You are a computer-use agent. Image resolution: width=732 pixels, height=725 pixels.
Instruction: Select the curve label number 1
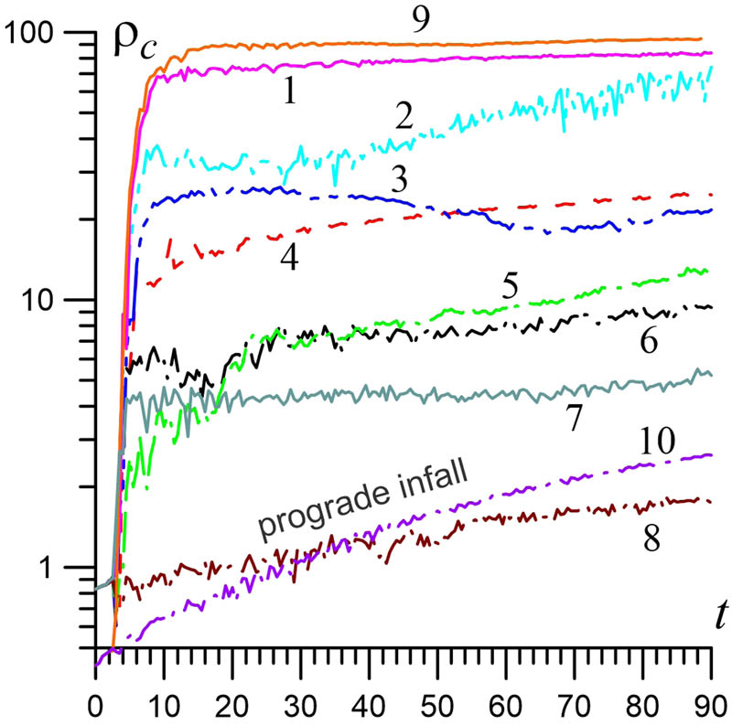289,91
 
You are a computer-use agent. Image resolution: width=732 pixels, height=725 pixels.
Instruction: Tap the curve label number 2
403,115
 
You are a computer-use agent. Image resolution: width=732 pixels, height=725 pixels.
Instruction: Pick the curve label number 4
288,259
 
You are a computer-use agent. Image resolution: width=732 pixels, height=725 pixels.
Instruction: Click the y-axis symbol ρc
134,45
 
